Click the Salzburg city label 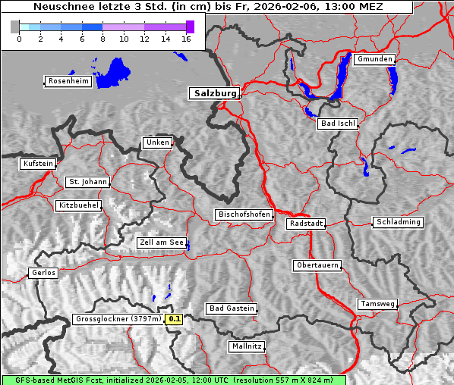[213, 93]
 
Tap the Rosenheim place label [68, 81]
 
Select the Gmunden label [374, 59]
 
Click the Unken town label [156, 142]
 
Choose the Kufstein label [38, 164]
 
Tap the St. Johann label [87, 182]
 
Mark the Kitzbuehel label [78, 205]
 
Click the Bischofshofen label [244, 215]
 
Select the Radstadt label [306, 224]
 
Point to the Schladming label [398, 222]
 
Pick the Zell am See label [162, 243]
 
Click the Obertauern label [317, 266]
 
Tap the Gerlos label [43, 273]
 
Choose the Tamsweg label [377, 304]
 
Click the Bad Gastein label [232, 308]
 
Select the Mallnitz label [247, 346]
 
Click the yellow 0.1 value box [175, 319]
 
